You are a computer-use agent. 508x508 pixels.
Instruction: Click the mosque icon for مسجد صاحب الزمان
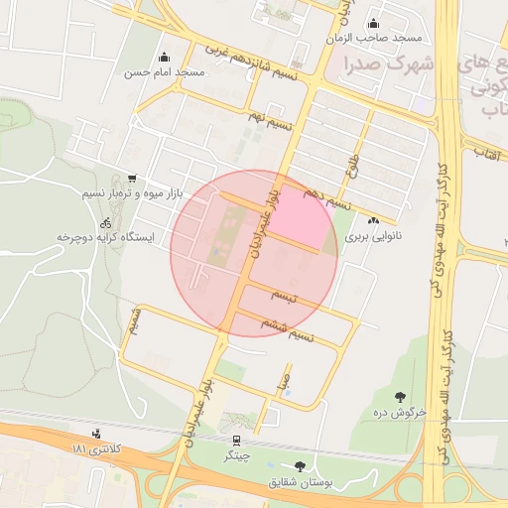[373, 24]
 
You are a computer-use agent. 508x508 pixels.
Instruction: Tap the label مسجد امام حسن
[164, 72]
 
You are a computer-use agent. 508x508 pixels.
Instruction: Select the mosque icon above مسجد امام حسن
[164, 57]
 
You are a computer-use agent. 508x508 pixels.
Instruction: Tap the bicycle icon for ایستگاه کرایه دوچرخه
[106, 223]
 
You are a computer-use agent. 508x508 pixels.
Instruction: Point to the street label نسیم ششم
[287, 328]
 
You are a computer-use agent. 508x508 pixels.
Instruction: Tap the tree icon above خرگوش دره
[400, 396]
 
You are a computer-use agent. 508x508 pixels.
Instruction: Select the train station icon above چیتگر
[236, 440]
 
